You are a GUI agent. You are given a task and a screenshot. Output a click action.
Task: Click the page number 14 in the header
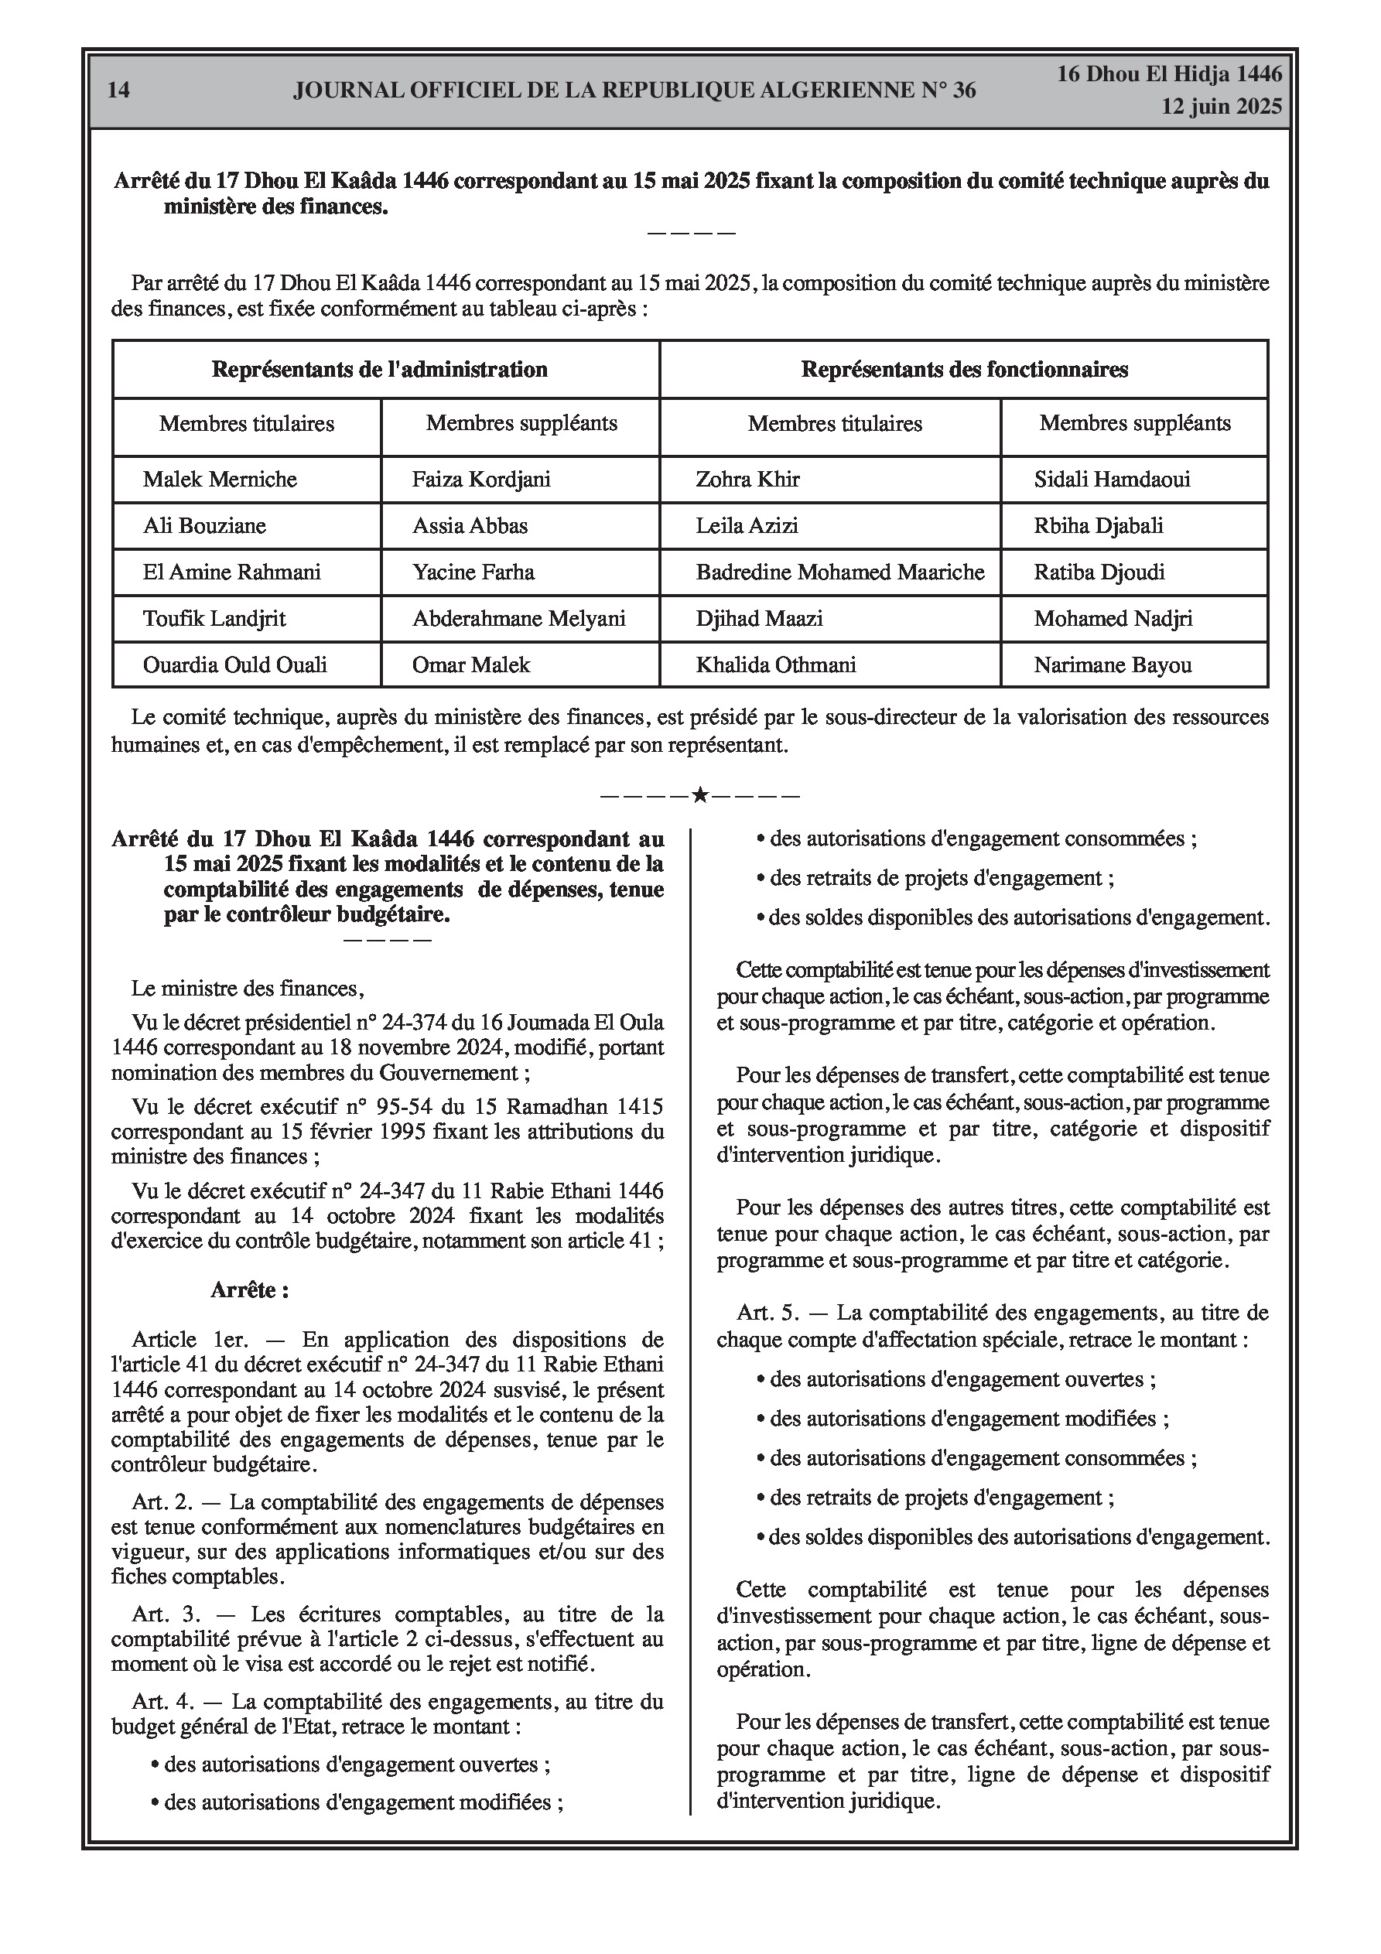(119, 91)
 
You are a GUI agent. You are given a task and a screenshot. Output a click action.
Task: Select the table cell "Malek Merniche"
(220, 479)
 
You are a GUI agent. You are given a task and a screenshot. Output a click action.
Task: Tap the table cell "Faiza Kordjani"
(481, 479)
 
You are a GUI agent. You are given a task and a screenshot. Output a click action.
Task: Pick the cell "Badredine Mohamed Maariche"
(839, 572)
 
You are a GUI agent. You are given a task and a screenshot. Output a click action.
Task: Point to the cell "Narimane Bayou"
(1112, 664)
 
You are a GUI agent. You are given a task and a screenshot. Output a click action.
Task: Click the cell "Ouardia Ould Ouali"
(235, 664)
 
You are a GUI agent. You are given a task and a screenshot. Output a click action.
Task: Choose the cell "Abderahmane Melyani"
(518, 619)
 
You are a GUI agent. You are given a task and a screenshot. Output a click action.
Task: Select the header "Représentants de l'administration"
(380, 369)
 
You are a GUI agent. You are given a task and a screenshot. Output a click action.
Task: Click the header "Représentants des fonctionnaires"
(964, 369)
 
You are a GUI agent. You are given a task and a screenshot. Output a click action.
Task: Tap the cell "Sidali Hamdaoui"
(1112, 479)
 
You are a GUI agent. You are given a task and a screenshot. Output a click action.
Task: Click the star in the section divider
(700, 796)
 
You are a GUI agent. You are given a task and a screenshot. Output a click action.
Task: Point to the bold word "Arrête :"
(249, 1290)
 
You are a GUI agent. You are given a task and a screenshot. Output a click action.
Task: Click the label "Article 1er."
(190, 1341)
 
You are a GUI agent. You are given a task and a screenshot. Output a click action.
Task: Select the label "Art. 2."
(162, 1502)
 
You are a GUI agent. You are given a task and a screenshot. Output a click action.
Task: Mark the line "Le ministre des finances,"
(248, 989)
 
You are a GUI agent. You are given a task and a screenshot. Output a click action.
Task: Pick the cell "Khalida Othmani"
(776, 664)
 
